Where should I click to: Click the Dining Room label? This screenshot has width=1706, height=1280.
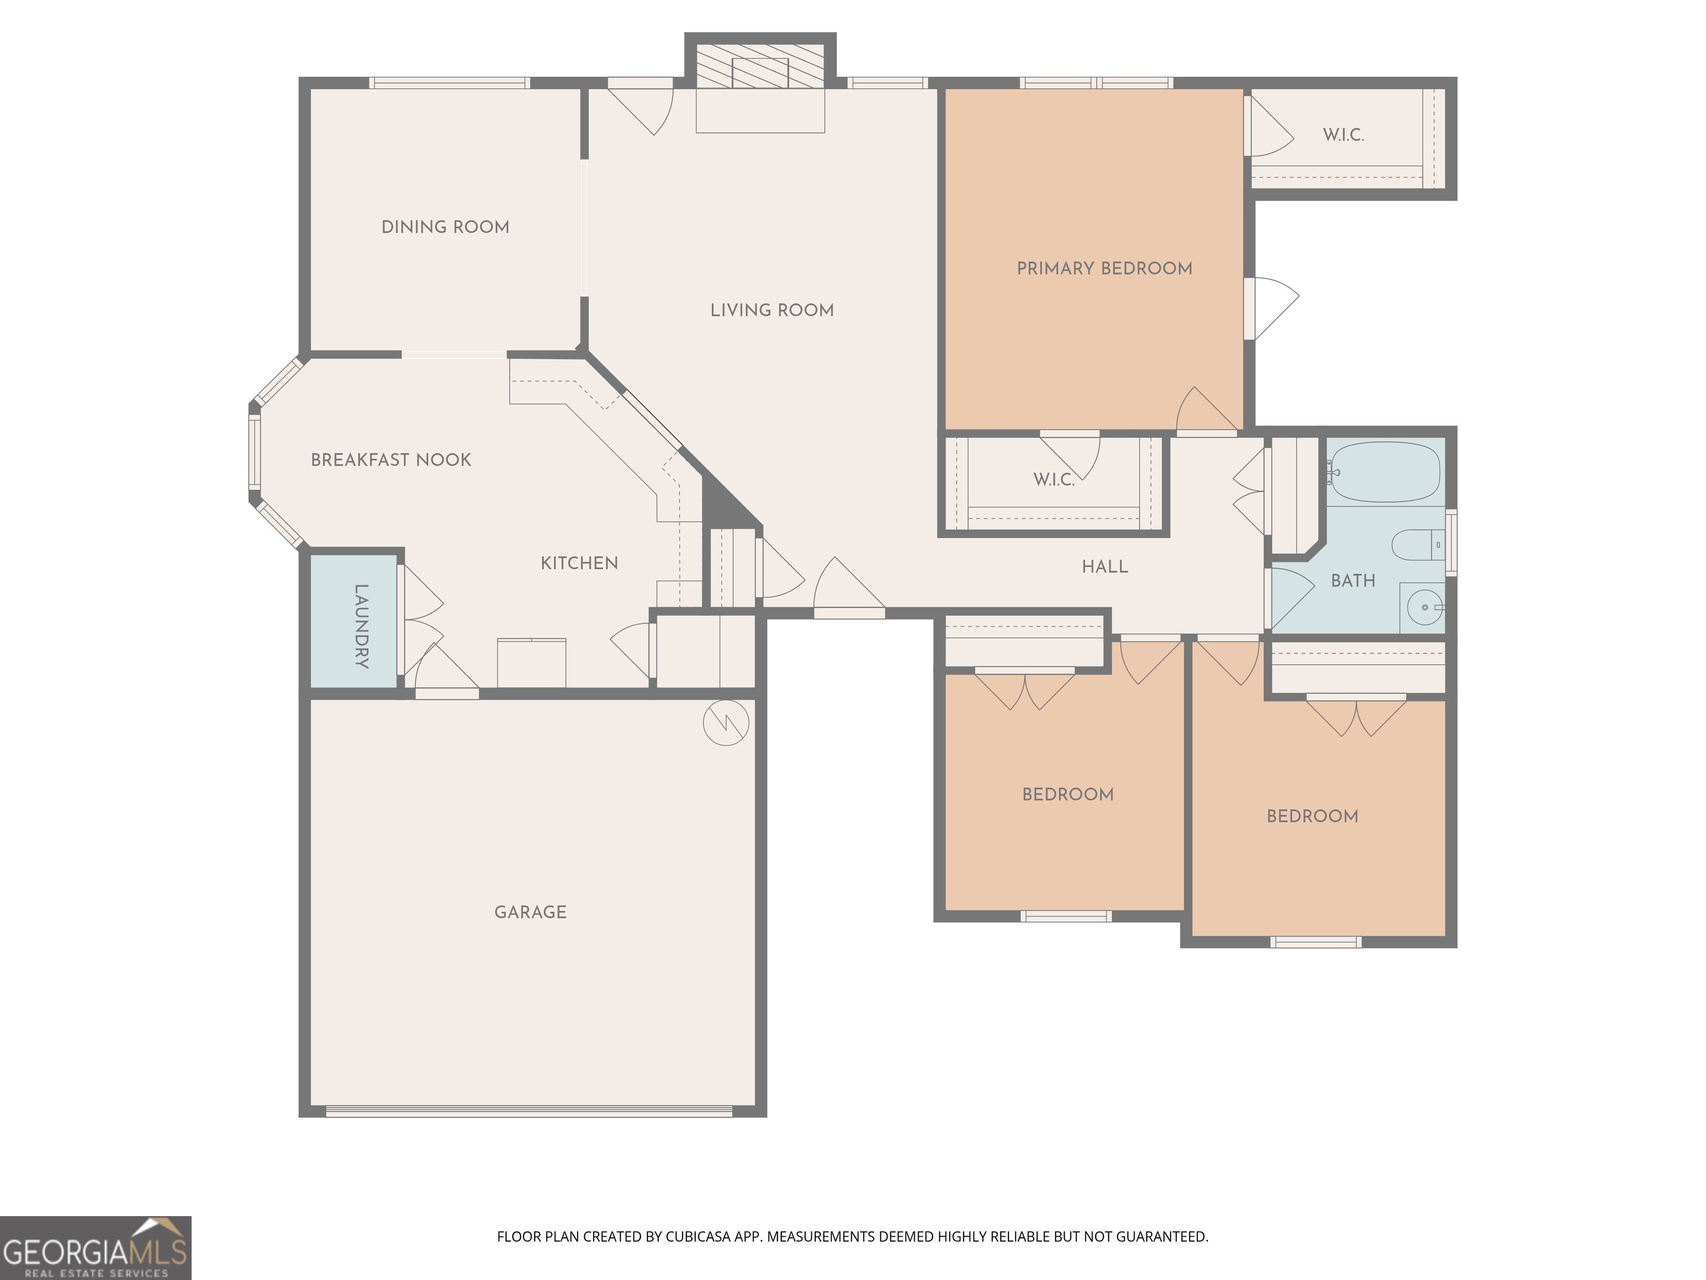tap(445, 227)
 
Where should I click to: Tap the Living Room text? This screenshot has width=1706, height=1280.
tap(771, 310)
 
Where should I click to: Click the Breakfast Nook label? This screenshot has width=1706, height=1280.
tap(390, 460)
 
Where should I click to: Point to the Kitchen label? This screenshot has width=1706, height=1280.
tap(579, 563)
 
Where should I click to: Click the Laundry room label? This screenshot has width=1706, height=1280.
tap(361, 626)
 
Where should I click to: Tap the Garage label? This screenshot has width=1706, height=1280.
tap(530, 912)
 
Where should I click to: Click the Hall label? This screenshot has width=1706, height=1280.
tap(1105, 567)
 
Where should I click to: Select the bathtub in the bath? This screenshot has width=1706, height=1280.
tap(1385, 472)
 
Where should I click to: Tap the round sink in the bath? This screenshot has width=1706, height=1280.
tap(1424, 607)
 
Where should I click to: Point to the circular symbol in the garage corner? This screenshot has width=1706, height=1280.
tap(726, 723)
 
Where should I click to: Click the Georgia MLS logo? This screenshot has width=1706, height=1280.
tap(95, 1248)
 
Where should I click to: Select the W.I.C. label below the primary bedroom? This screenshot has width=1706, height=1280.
tap(1053, 480)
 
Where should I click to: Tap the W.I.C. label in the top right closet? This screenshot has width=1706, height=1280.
tap(1343, 135)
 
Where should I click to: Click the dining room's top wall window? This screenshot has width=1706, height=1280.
tap(449, 83)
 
